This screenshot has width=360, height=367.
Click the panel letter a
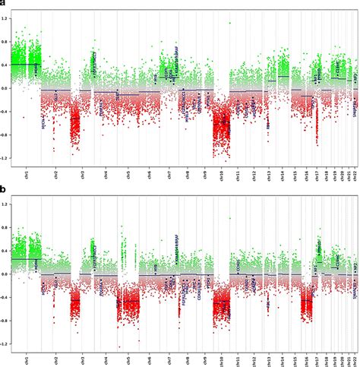tap(3, 3)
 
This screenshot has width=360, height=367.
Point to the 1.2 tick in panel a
tap(6, 18)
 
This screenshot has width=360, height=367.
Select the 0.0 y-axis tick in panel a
tap(6, 88)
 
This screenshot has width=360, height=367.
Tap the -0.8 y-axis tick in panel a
tap(5, 135)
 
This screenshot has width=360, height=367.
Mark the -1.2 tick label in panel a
tap(5, 159)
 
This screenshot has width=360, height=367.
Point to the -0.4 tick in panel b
tap(5, 298)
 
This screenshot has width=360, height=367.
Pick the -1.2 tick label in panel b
tap(5, 344)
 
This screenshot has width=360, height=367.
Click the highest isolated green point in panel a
tap(229, 23)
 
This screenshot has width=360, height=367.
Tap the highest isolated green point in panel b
tap(229, 218)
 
